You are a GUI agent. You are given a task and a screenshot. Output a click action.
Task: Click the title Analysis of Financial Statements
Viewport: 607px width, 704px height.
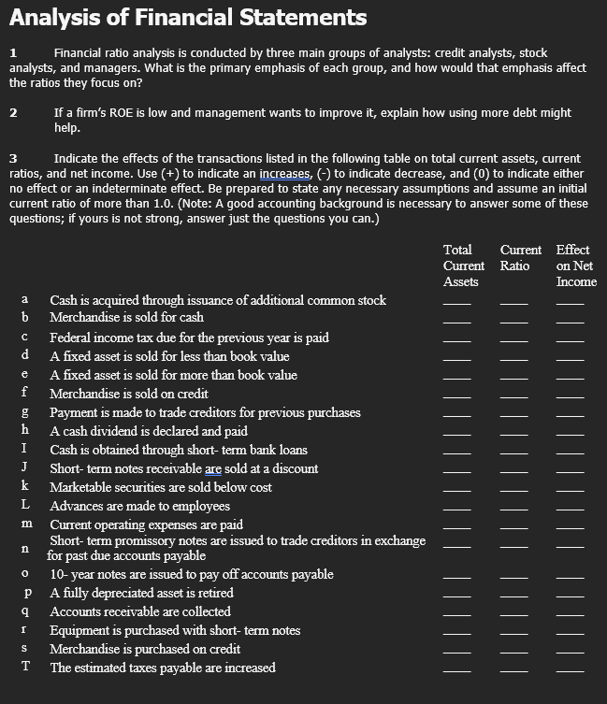(x=188, y=17)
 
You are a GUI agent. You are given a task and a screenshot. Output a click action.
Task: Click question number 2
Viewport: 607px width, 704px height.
(x=13, y=113)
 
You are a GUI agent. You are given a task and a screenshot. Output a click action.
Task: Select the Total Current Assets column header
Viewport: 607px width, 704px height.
(x=461, y=266)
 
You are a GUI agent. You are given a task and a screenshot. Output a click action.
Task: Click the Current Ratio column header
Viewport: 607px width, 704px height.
(x=520, y=258)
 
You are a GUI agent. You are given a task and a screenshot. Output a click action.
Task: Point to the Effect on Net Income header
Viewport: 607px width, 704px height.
(x=574, y=266)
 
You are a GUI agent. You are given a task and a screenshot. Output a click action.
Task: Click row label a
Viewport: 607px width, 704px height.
(x=24, y=300)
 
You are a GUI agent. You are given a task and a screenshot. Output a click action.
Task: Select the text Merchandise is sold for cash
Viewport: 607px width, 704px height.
(x=126, y=318)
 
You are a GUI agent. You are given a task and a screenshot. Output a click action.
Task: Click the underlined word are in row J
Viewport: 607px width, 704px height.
(x=213, y=468)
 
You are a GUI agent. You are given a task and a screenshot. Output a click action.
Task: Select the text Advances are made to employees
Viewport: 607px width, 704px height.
(x=139, y=506)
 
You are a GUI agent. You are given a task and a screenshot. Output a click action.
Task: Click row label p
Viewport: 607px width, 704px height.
(x=27, y=593)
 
